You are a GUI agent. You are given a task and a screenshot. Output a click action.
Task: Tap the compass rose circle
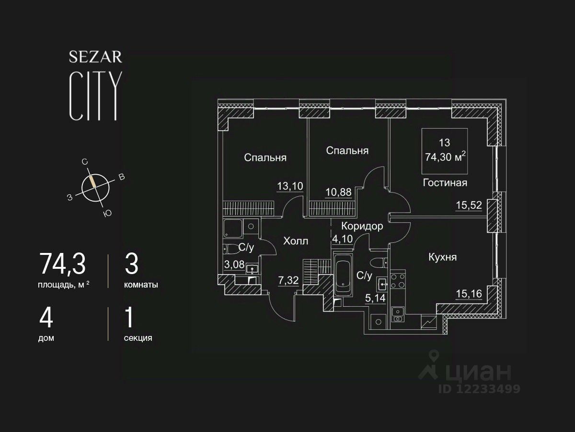click(95, 187)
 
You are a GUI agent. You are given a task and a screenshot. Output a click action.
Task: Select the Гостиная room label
click(445, 182)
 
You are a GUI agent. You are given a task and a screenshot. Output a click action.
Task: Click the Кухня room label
click(442, 257)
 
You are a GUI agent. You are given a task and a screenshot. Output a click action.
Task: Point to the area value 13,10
click(290, 186)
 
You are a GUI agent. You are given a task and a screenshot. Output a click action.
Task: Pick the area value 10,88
click(339, 192)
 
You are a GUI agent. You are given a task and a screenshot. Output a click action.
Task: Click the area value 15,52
click(468, 205)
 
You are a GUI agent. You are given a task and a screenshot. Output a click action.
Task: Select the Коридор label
click(362, 227)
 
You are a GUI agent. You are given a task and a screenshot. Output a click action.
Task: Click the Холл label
click(296, 241)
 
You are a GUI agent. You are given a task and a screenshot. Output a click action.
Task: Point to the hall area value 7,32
click(288, 279)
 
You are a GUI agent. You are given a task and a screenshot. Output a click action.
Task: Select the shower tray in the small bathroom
click(233, 228)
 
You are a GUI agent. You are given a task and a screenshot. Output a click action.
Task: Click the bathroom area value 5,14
click(375, 299)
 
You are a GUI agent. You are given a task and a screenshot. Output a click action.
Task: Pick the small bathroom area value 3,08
click(235, 264)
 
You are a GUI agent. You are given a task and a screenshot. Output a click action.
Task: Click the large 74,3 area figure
click(62, 264)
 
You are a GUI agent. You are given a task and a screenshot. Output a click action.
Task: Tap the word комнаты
click(141, 285)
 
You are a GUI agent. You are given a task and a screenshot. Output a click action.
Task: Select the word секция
click(138, 338)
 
